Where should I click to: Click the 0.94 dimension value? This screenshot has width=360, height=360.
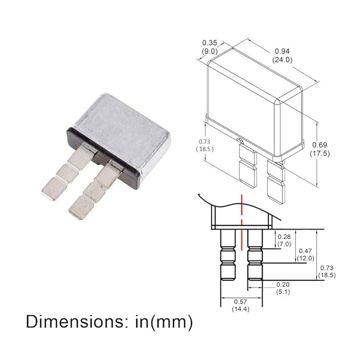point(282,51)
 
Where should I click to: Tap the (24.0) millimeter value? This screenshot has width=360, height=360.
point(283,60)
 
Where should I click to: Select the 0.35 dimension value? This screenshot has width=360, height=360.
point(209,43)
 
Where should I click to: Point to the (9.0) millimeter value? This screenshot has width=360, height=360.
point(209,51)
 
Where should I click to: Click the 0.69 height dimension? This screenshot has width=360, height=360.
point(320,145)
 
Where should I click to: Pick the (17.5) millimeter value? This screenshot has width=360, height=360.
point(320,153)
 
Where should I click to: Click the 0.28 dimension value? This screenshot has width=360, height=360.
point(284,236)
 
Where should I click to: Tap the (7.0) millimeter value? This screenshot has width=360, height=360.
point(284,244)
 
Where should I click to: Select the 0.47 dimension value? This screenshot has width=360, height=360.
point(305,251)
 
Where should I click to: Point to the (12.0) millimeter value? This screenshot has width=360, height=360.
point(305,258)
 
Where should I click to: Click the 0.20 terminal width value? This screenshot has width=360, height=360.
point(283,285)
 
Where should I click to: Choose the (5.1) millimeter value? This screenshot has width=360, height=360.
point(283,292)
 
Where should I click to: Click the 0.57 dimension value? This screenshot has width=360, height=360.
point(240,302)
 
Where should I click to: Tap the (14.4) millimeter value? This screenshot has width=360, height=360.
point(241,309)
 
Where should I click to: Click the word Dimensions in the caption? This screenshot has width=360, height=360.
point(75,322)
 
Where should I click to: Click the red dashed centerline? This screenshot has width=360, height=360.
point(241,223)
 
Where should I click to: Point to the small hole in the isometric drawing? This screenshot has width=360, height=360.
point(239,141)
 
